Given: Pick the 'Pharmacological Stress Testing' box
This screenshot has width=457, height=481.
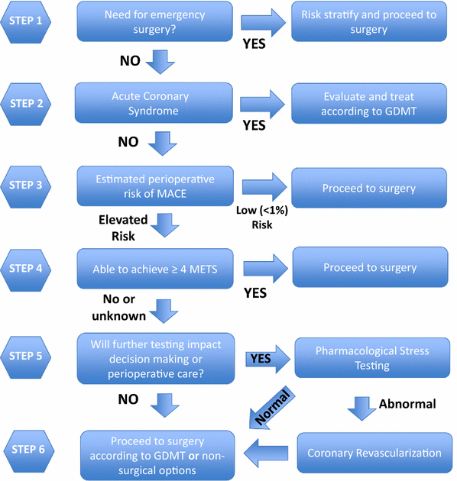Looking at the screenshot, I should [372, 358].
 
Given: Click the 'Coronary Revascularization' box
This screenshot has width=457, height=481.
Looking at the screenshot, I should [374, 453].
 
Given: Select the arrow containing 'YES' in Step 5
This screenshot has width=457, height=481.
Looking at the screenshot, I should [267, 357].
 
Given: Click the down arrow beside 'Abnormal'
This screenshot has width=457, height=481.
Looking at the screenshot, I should [361, 406].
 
